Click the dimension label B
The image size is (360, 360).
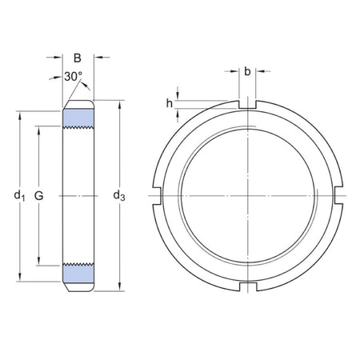[78, 58]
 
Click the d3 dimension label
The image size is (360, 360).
[120, 195]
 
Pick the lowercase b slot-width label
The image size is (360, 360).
[247, 73]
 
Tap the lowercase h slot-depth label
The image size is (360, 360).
[169, 102]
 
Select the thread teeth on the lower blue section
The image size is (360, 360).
[78, 263]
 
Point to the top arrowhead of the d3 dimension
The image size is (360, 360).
[120, 103]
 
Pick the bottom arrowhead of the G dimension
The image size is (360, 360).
[38, 261]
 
